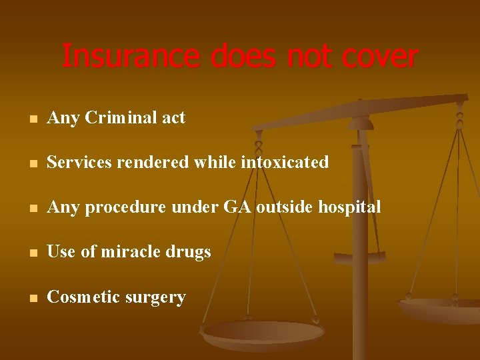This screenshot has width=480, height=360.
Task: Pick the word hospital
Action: point(349,207)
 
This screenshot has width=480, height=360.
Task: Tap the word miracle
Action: point(139,252)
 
